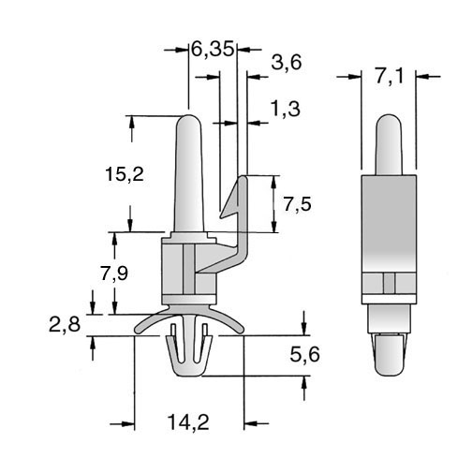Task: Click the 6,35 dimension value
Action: tap(213, 50)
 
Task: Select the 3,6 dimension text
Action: tap(287, 62)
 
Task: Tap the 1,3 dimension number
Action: tap(285, 109)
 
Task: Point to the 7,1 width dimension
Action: tap(389, 76)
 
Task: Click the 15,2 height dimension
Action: tap(125, 174)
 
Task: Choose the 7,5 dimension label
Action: tap(297, 204)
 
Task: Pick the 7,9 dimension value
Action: tap(114, 273)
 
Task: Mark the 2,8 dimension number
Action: tap(65, 324)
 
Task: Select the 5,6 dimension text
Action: tap(304, 355)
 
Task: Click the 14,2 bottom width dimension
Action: tap(188, 422)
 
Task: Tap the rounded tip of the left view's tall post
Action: tap(189, 116)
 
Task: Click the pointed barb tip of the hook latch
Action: tap(221, 216)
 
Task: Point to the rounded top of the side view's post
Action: tap(388, 115)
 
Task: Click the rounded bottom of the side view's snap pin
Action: tap(390, 376)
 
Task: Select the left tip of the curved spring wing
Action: tap(137, 331)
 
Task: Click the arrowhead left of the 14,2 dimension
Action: tap(128, 423)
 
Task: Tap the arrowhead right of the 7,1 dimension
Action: tap(422, 76)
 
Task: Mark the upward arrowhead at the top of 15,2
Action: tap(131, 123)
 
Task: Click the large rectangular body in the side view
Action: tap(389, 224)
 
